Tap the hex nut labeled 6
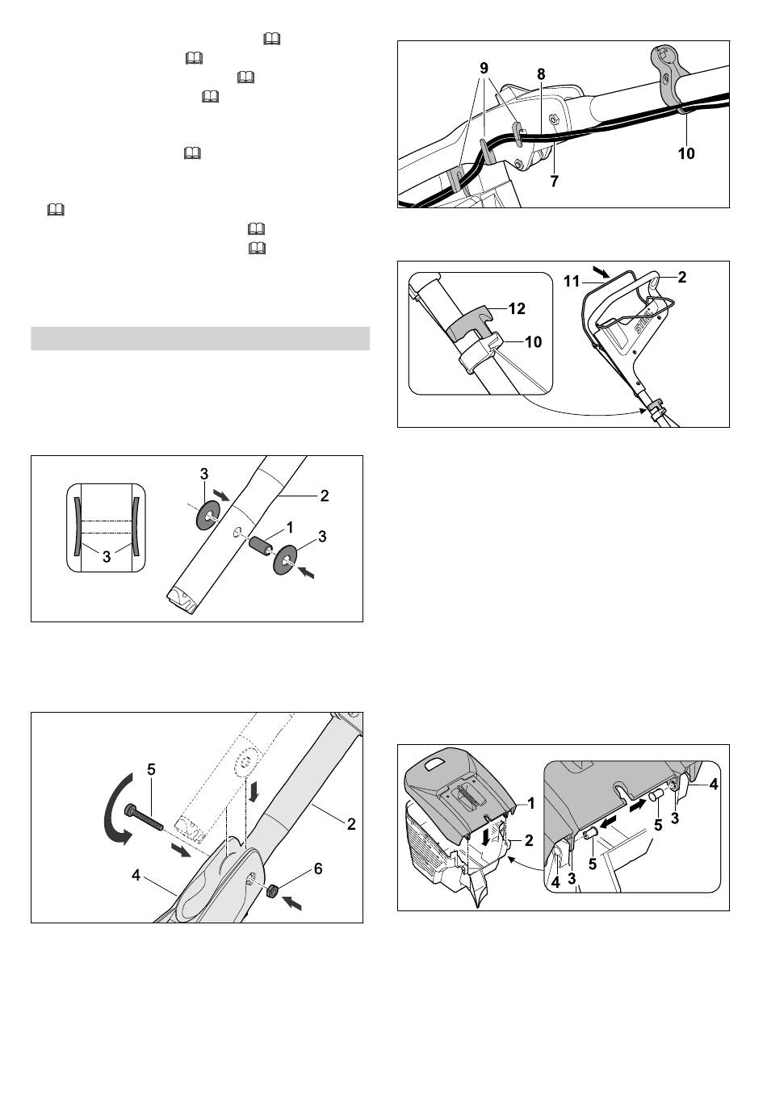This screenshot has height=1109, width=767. pyautogui.click(x=270, y=892)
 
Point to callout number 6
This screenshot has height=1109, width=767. pyautogui.click(x=318, y=869)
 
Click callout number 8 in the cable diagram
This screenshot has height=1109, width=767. pyautogui.click(x=541, y=74)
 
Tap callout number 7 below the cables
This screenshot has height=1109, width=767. pyautogui.click(x=554, y=182)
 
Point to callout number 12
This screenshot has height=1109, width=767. pyautogui.click(x=517, y=308)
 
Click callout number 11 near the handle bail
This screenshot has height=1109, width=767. pyautogui.click(x=572, y=282)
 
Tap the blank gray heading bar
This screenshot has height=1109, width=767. pyautogui.click(x=200, y=338)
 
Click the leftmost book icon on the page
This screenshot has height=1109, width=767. pyautogui.click(x=56, y=211)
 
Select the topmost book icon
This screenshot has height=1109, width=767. pyautogui.click(x=272, y=39)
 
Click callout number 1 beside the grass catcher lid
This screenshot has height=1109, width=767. pyautogui.click(x=530, y=803)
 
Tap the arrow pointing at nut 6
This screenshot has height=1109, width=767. pyautogui.click(x=292, y=903)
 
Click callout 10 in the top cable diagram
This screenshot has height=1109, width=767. pyautogui.click(x=686, y=153)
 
